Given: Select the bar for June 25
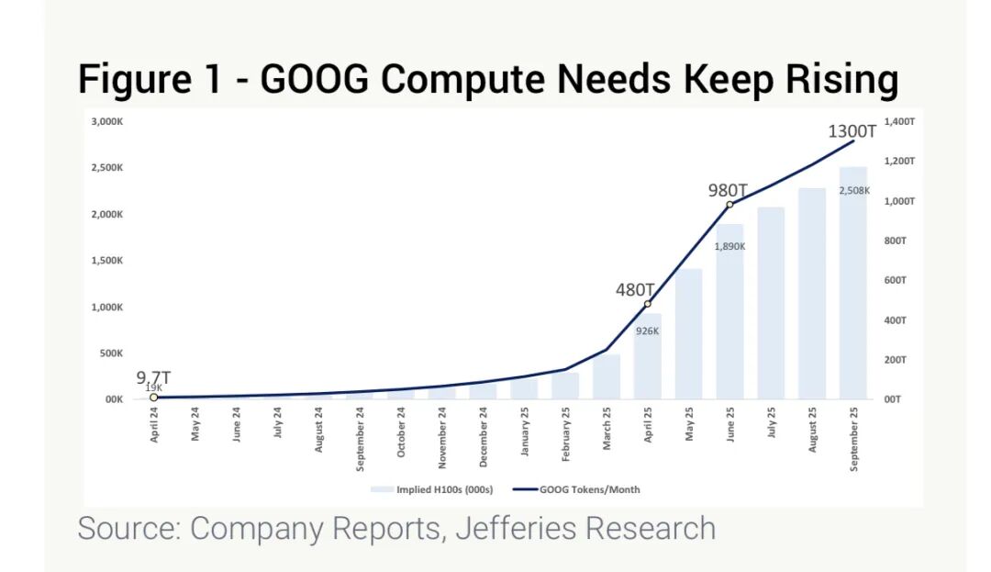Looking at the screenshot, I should click(x=729, y=312).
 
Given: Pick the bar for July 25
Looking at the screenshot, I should click(x=771, y=303).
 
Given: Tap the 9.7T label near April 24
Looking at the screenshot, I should click(x=153, y=377).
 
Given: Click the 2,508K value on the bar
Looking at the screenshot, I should click(x=854, y=190).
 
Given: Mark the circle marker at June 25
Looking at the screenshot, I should click(x=730, y=205).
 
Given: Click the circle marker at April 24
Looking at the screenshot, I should click(x=154, y=398).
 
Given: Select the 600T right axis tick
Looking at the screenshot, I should click(x=896, y=280).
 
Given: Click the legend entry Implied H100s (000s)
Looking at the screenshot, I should click(x=428, y=489).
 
